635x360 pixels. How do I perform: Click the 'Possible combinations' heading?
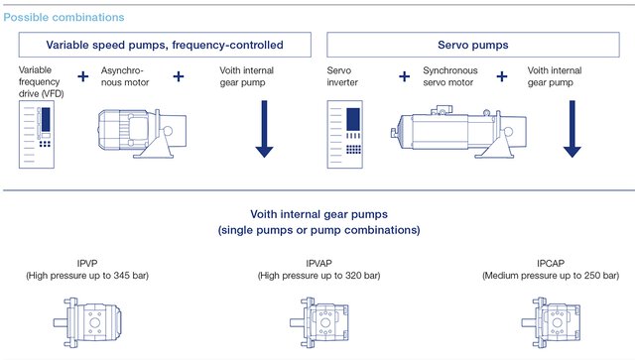[x=63, y=17]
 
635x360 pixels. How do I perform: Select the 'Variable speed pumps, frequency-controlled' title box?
[x=164, y=45]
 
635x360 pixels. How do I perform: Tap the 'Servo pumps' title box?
[x=475, y=45]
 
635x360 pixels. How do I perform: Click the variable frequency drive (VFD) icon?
[x=39, y=137]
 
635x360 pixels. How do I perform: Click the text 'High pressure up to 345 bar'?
[x=87, y=275]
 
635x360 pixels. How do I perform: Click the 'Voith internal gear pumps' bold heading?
[x=317, y=214]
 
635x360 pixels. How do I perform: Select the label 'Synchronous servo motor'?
[x=451, y=77]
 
